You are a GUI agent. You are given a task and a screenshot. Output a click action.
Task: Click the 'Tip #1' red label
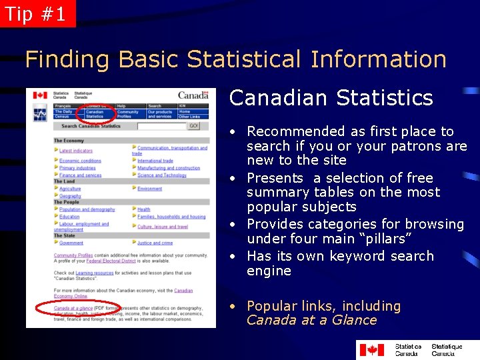36,13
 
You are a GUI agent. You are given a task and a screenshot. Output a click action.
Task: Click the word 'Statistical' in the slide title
247,59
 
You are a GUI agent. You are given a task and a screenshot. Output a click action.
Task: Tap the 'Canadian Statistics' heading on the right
331,98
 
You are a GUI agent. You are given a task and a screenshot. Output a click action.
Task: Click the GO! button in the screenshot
193,125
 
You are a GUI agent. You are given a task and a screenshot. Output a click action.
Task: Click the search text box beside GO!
161,125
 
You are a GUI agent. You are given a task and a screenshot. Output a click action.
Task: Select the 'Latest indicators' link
76,151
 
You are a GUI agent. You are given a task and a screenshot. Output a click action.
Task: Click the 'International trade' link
155,161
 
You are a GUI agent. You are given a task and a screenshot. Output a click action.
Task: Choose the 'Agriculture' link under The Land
70,189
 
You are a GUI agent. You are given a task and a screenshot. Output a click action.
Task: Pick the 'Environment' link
150,189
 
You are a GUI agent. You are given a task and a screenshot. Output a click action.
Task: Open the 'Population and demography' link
87,209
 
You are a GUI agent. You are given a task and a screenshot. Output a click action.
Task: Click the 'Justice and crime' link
155,243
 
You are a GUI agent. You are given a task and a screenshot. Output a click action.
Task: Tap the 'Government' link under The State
71,243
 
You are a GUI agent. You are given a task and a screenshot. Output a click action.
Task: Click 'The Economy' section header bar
69,141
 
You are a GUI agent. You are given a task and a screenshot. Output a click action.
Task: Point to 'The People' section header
67,202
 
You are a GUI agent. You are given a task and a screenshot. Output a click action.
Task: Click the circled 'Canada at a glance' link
73,308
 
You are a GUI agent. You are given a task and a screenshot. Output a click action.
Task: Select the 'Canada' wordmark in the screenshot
193,95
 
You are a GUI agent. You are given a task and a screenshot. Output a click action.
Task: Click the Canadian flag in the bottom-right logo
371,349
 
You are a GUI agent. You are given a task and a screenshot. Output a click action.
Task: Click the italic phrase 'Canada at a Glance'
312,320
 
